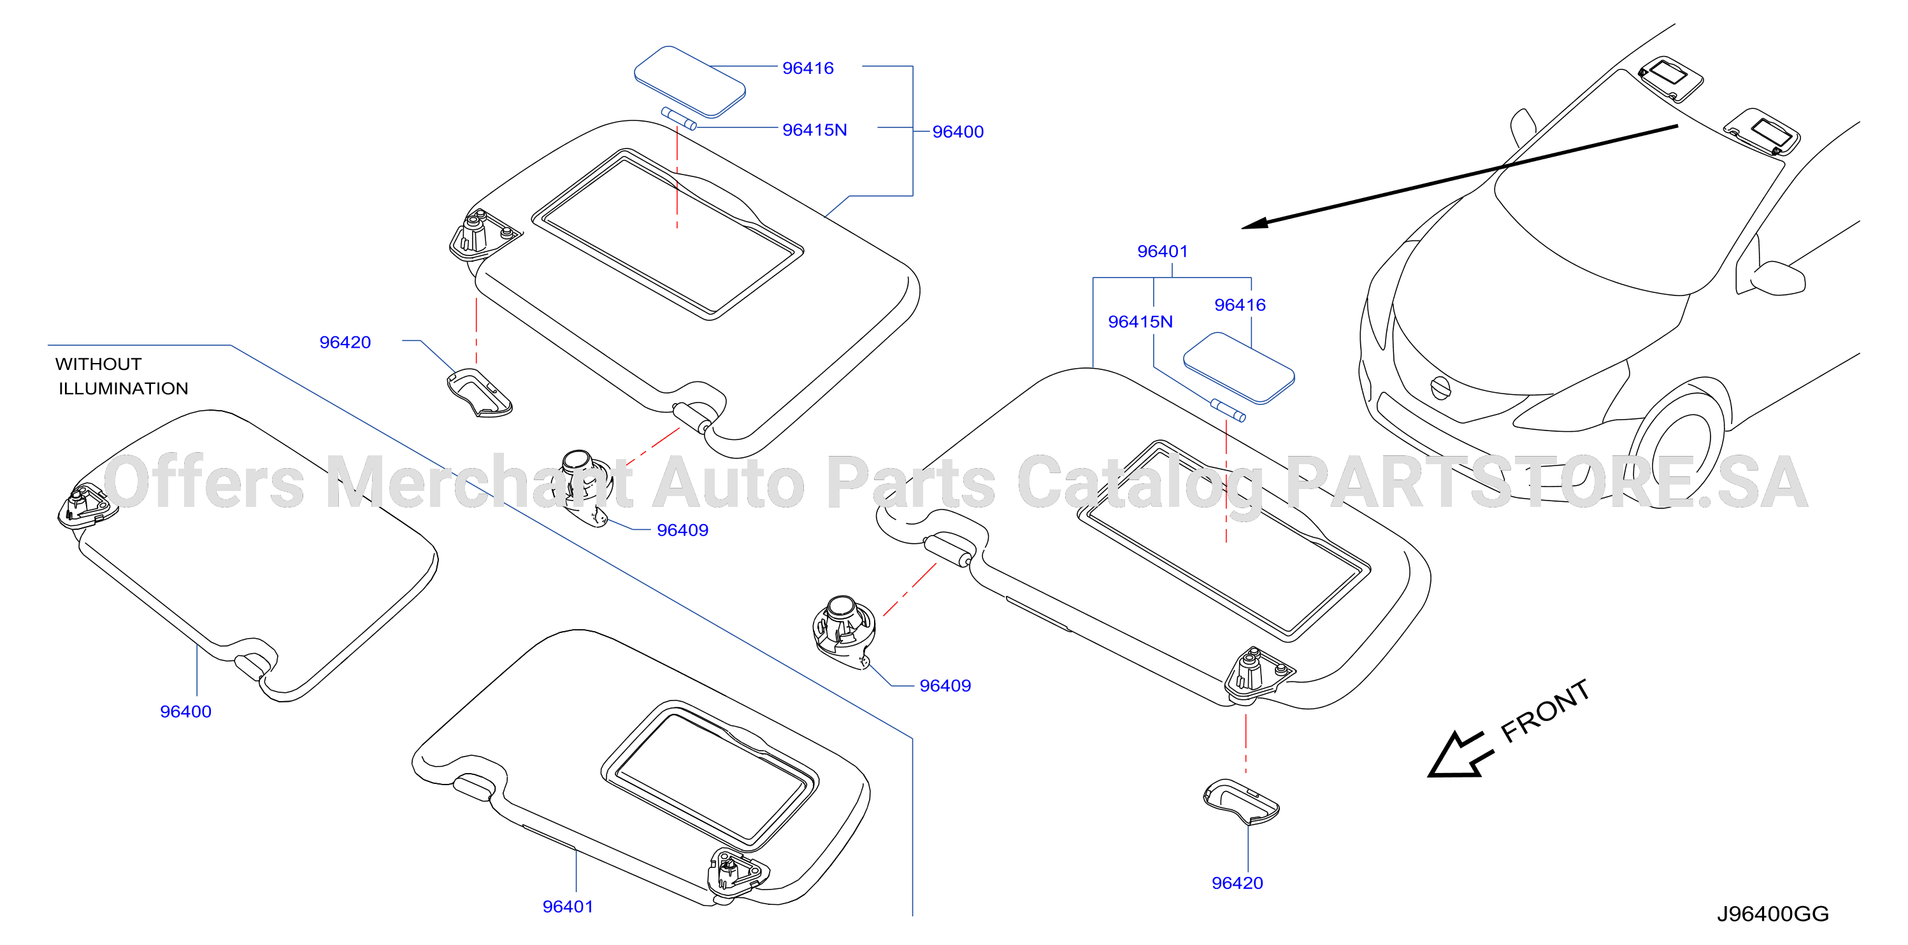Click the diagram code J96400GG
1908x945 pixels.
tap(1772, 914)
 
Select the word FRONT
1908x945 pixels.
tap(1545, 711)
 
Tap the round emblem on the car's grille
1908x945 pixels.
tap(1439, 387)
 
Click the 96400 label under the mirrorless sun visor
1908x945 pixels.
tap(185, 712)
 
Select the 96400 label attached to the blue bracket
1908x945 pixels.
tap(958, 132)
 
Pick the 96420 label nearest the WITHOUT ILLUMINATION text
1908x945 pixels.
tap(345, 342)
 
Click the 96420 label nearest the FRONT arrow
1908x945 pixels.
tap(1237, 883)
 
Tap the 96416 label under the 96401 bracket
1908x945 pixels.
tap(1240, 304)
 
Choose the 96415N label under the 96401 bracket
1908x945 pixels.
tap(1140, 322)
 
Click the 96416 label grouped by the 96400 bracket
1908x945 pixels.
tap(808, 68)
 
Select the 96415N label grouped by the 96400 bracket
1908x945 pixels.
tap(815, 130)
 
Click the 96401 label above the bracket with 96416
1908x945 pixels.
tap(1162, 251)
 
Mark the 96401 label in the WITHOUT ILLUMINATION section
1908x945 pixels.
tap(568, 907)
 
